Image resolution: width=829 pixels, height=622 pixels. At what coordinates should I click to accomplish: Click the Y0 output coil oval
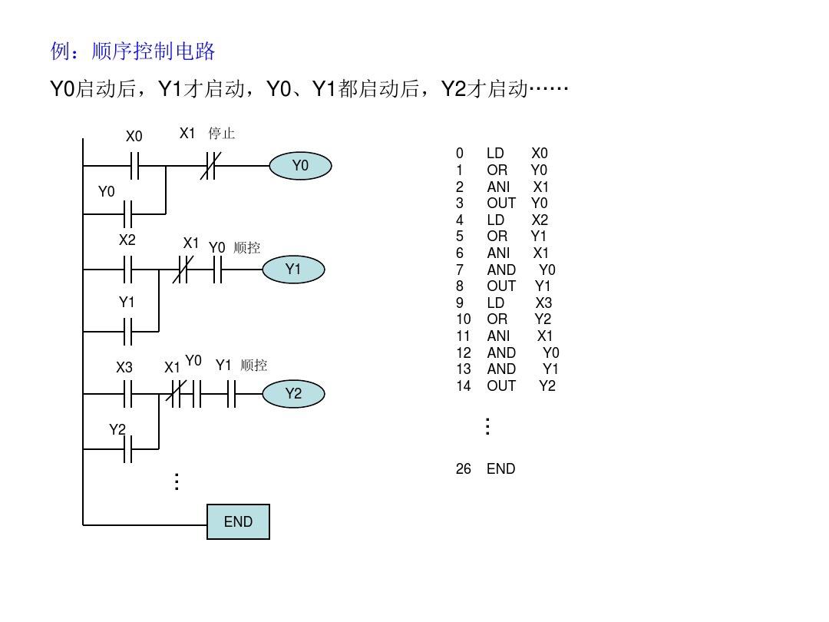(300, 166)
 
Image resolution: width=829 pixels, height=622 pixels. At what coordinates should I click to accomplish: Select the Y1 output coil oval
(293, 270)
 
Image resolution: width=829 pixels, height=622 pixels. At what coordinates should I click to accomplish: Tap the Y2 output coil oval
(293, 395)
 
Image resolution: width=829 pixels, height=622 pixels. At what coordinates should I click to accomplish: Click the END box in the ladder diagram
(238, 522)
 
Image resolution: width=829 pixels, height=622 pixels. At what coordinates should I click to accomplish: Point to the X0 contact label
(134, 137)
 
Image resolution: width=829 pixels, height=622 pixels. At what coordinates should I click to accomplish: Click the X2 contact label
(127, 240)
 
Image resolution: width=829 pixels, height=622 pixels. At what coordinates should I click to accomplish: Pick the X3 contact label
(124, 368)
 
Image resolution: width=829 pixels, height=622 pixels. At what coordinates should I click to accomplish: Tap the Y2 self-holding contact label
(117, 430)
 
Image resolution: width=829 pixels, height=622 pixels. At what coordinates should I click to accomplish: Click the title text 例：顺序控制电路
(133, 51)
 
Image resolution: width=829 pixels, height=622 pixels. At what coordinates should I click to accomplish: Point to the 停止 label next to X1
(222, 134)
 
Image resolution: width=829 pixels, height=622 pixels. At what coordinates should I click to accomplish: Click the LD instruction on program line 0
(495, 154)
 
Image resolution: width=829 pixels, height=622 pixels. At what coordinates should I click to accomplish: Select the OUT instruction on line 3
(501, 203)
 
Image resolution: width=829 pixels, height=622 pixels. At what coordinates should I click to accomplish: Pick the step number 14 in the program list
(463, 385)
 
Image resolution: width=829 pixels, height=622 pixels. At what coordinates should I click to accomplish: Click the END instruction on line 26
(500, 468)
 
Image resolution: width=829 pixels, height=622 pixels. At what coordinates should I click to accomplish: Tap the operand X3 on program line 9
(543, 303)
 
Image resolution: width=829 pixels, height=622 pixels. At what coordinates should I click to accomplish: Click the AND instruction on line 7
(501, 270)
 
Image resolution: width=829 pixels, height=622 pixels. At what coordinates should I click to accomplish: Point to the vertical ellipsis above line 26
(487, 427)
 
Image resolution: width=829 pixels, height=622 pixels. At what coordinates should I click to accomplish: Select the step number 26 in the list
(463, 468)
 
